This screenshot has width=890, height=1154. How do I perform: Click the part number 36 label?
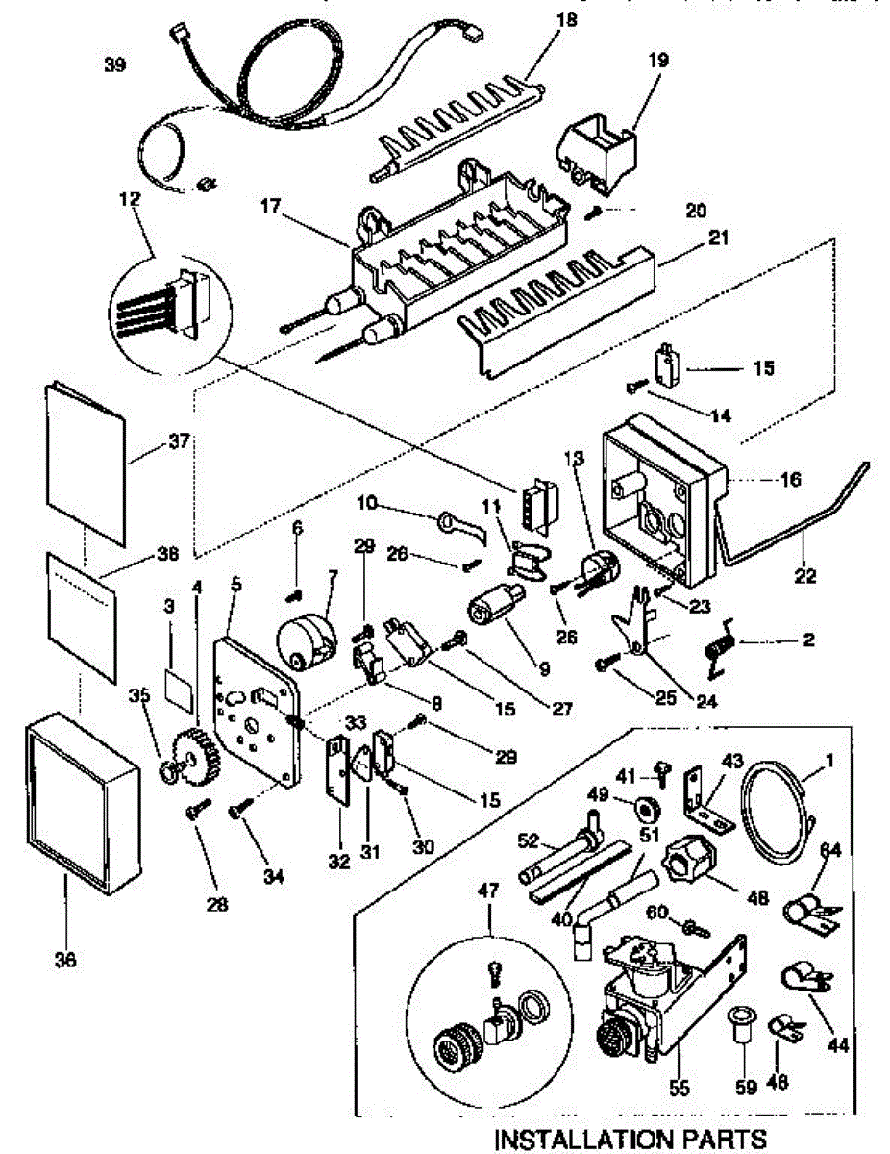(65, 959)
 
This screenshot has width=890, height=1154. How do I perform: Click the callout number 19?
(630, 60)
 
